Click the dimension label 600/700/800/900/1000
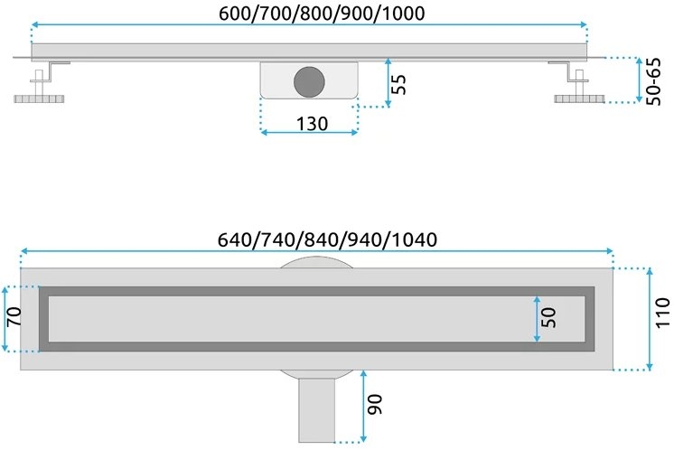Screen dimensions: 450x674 point(308,13)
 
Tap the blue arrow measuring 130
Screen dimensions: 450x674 point(310,134)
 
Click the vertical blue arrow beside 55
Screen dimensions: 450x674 point(388,82)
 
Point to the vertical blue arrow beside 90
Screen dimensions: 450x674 point(362,406)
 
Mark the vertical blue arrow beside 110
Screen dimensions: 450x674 point(649,318)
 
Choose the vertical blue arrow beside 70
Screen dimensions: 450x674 point(6,318)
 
